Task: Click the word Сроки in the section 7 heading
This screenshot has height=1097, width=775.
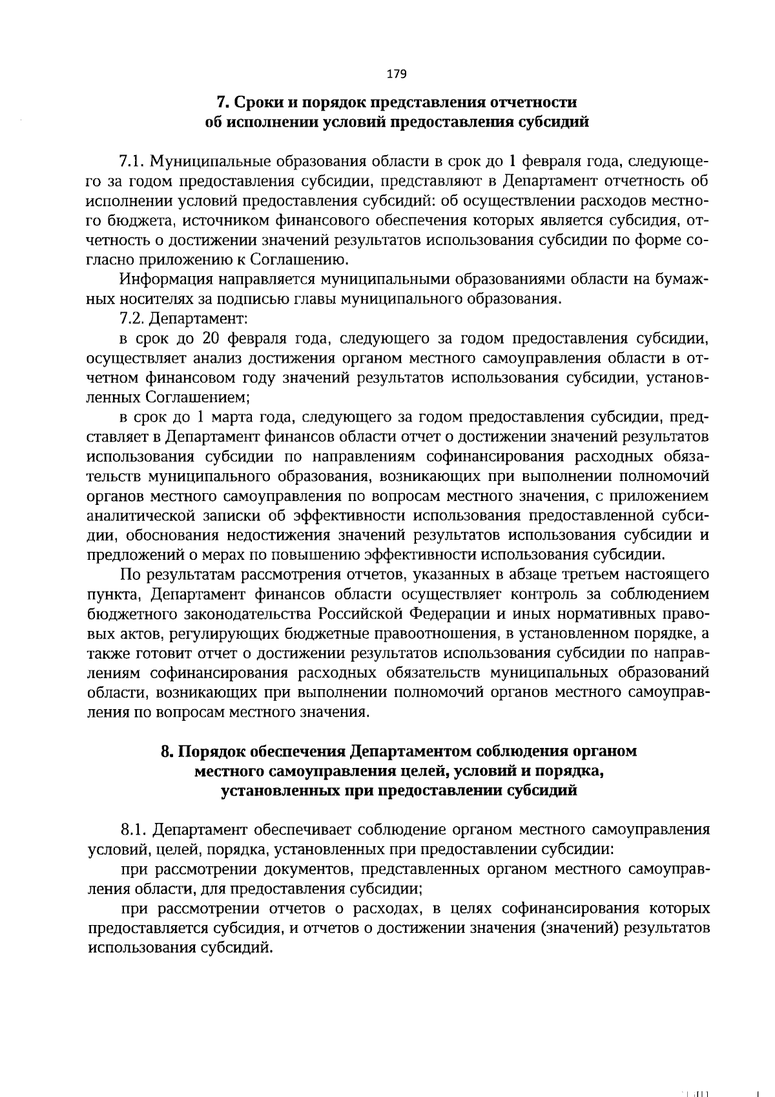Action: [x=254, y=102]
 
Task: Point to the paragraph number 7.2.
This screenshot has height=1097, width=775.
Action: [x=133, y=319]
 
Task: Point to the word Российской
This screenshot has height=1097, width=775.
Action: [x=356, y=613]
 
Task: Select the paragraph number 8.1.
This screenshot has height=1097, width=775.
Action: [x=133, y=830]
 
